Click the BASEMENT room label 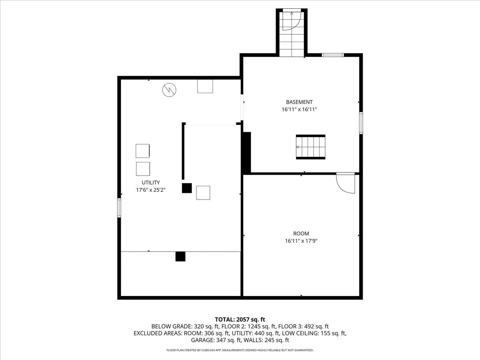[x=299, y=102]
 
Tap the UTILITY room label [x=151, y=182]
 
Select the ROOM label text [x=301, y=234]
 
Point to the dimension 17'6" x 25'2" [x=151, y=190]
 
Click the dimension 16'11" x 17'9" [x=301, y=241]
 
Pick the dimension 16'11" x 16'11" [x=299, y=109]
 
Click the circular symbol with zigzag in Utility [x=169, y=90]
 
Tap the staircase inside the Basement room [x=310, y=147]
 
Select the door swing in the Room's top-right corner [x=346, y=183]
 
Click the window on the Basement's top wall [x=333, y=55]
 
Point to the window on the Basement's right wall [x=361, y=122]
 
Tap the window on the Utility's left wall [x=119, y=208]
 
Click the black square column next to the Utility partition [x=187, y=188]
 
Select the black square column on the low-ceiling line [x=180, y=256]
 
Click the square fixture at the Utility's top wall [x=205, y=86]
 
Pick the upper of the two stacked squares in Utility [x=143, y=151]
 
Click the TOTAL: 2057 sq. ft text [x=240, y=319]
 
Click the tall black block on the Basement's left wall [x=247, y=152]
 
